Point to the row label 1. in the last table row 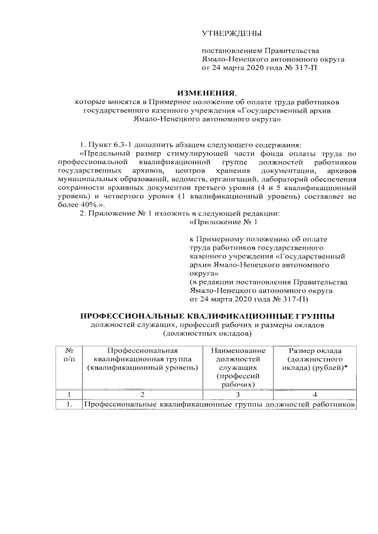click(x=69, y=405)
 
